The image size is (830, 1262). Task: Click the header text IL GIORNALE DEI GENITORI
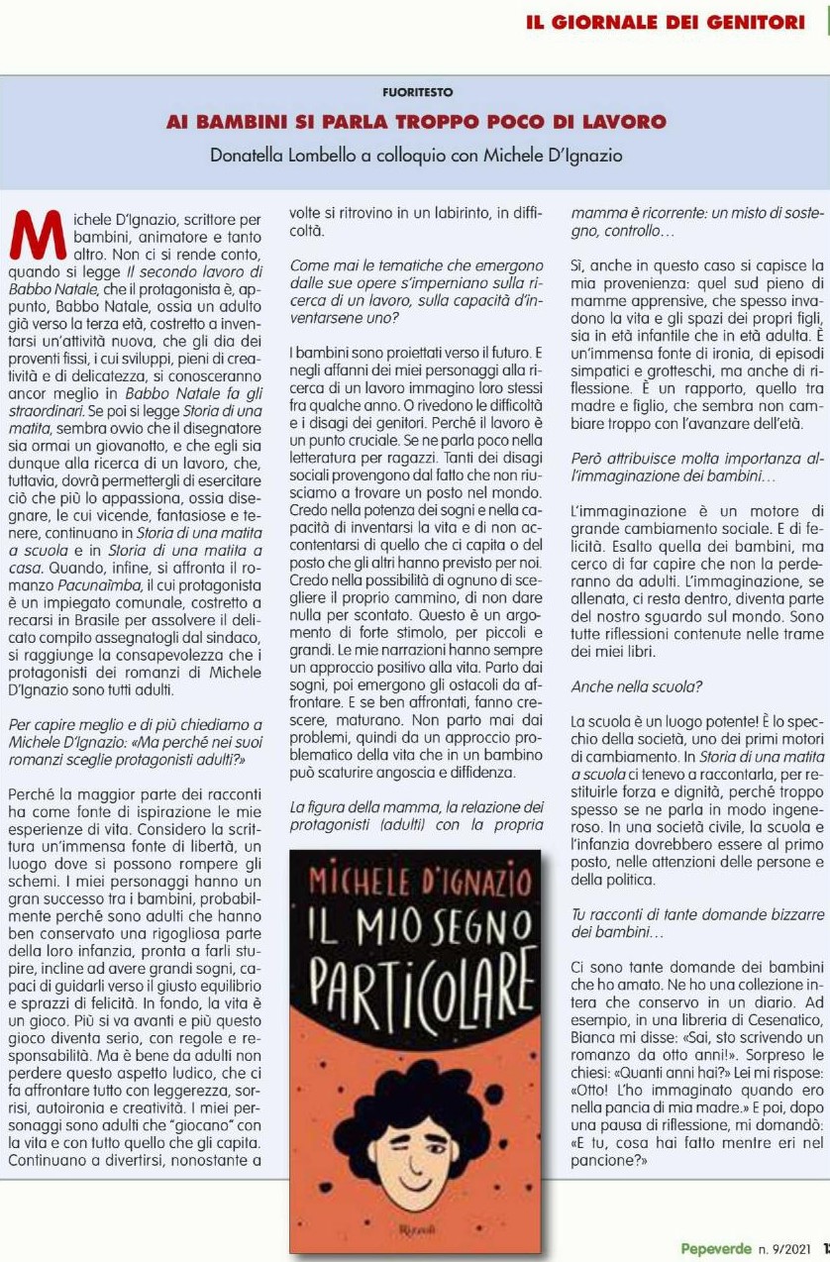tap(666, 22)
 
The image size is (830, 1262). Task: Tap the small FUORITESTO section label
tap(417, 92)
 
